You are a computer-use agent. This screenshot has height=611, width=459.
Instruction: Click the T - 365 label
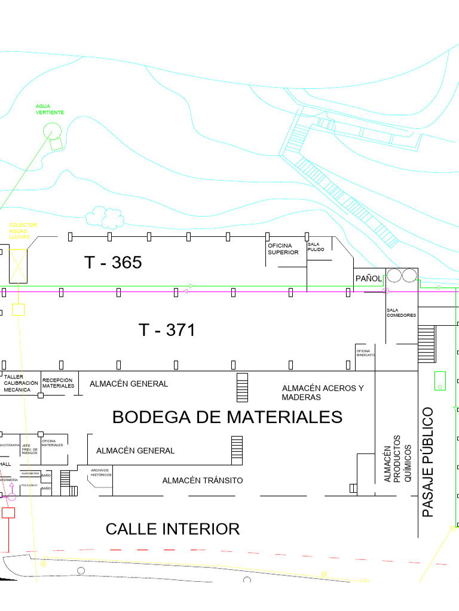pos(113,263)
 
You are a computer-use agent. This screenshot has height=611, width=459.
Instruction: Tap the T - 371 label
pos(167,330)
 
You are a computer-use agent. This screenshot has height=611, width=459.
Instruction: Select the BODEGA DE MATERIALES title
pos(227,417)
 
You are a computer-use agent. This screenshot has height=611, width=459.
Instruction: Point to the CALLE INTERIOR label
pos(173,529)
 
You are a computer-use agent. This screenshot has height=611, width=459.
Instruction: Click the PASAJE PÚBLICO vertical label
pos(428,462)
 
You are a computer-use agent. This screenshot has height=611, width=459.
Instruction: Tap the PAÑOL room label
pos(368,279)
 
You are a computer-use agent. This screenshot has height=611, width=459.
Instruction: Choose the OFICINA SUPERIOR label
pos(283,249)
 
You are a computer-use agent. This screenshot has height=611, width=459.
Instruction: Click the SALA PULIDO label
pos(316,246)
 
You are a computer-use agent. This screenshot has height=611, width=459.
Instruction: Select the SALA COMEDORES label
pos(401,313)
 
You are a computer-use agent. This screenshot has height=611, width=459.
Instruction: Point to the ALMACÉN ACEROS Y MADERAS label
pos(323,393)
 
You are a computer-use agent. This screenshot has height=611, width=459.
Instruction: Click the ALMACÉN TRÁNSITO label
pos(203,480)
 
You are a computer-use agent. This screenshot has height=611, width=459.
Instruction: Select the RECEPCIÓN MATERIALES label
pos(58,383)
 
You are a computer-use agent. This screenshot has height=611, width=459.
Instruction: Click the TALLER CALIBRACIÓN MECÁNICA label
pos(21,383)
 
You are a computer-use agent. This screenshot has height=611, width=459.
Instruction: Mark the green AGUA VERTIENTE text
pos(50,109)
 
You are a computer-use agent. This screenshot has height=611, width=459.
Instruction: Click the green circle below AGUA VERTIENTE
pos(51,130)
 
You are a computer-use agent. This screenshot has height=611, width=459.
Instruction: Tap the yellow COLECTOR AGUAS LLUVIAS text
pos(23,231)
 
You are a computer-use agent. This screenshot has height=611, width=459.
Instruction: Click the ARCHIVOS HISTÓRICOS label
pos(101,472)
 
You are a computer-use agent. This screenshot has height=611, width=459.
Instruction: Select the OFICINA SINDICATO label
pos(365,353)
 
